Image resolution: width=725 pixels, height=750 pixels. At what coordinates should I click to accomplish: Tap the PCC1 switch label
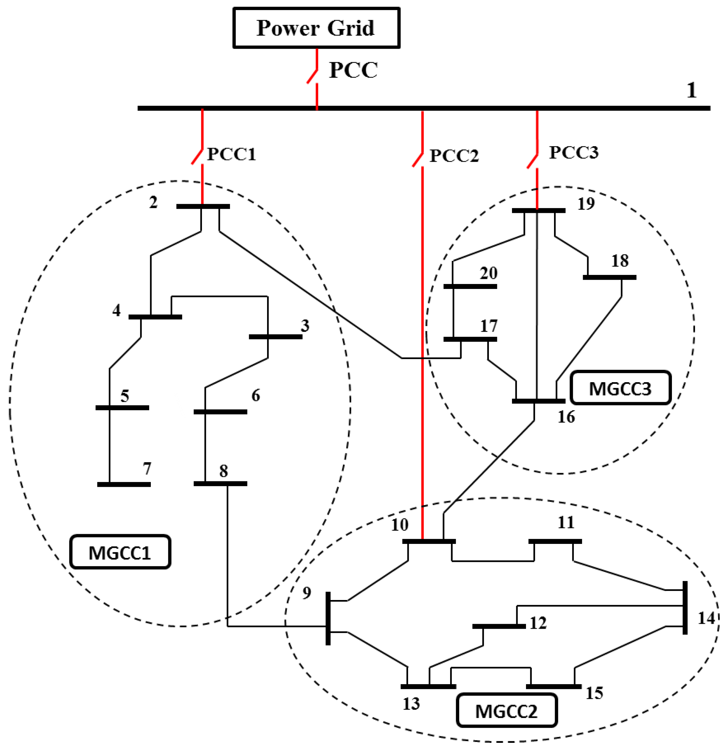tap(231, 154)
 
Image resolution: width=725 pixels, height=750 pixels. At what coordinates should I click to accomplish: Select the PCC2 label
tap(454, 156)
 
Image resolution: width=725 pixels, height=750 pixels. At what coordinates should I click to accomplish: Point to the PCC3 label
tap(573, 152)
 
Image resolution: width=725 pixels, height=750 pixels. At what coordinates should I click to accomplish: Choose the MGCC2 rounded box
tap(506, 711)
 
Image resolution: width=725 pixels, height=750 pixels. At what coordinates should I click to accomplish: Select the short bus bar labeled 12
tap(499, 626)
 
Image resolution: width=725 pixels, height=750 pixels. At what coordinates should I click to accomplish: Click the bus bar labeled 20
tap(470, 286)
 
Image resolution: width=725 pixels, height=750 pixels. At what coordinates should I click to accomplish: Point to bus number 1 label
tap(691, 90)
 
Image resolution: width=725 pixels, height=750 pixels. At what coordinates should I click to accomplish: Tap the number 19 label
tap(586, 203)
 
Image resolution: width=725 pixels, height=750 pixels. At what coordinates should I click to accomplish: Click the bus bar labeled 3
tap(275, 337)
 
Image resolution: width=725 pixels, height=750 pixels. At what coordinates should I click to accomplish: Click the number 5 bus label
tap(125, 396)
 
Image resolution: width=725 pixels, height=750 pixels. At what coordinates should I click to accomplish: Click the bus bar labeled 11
tap(555, 541)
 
